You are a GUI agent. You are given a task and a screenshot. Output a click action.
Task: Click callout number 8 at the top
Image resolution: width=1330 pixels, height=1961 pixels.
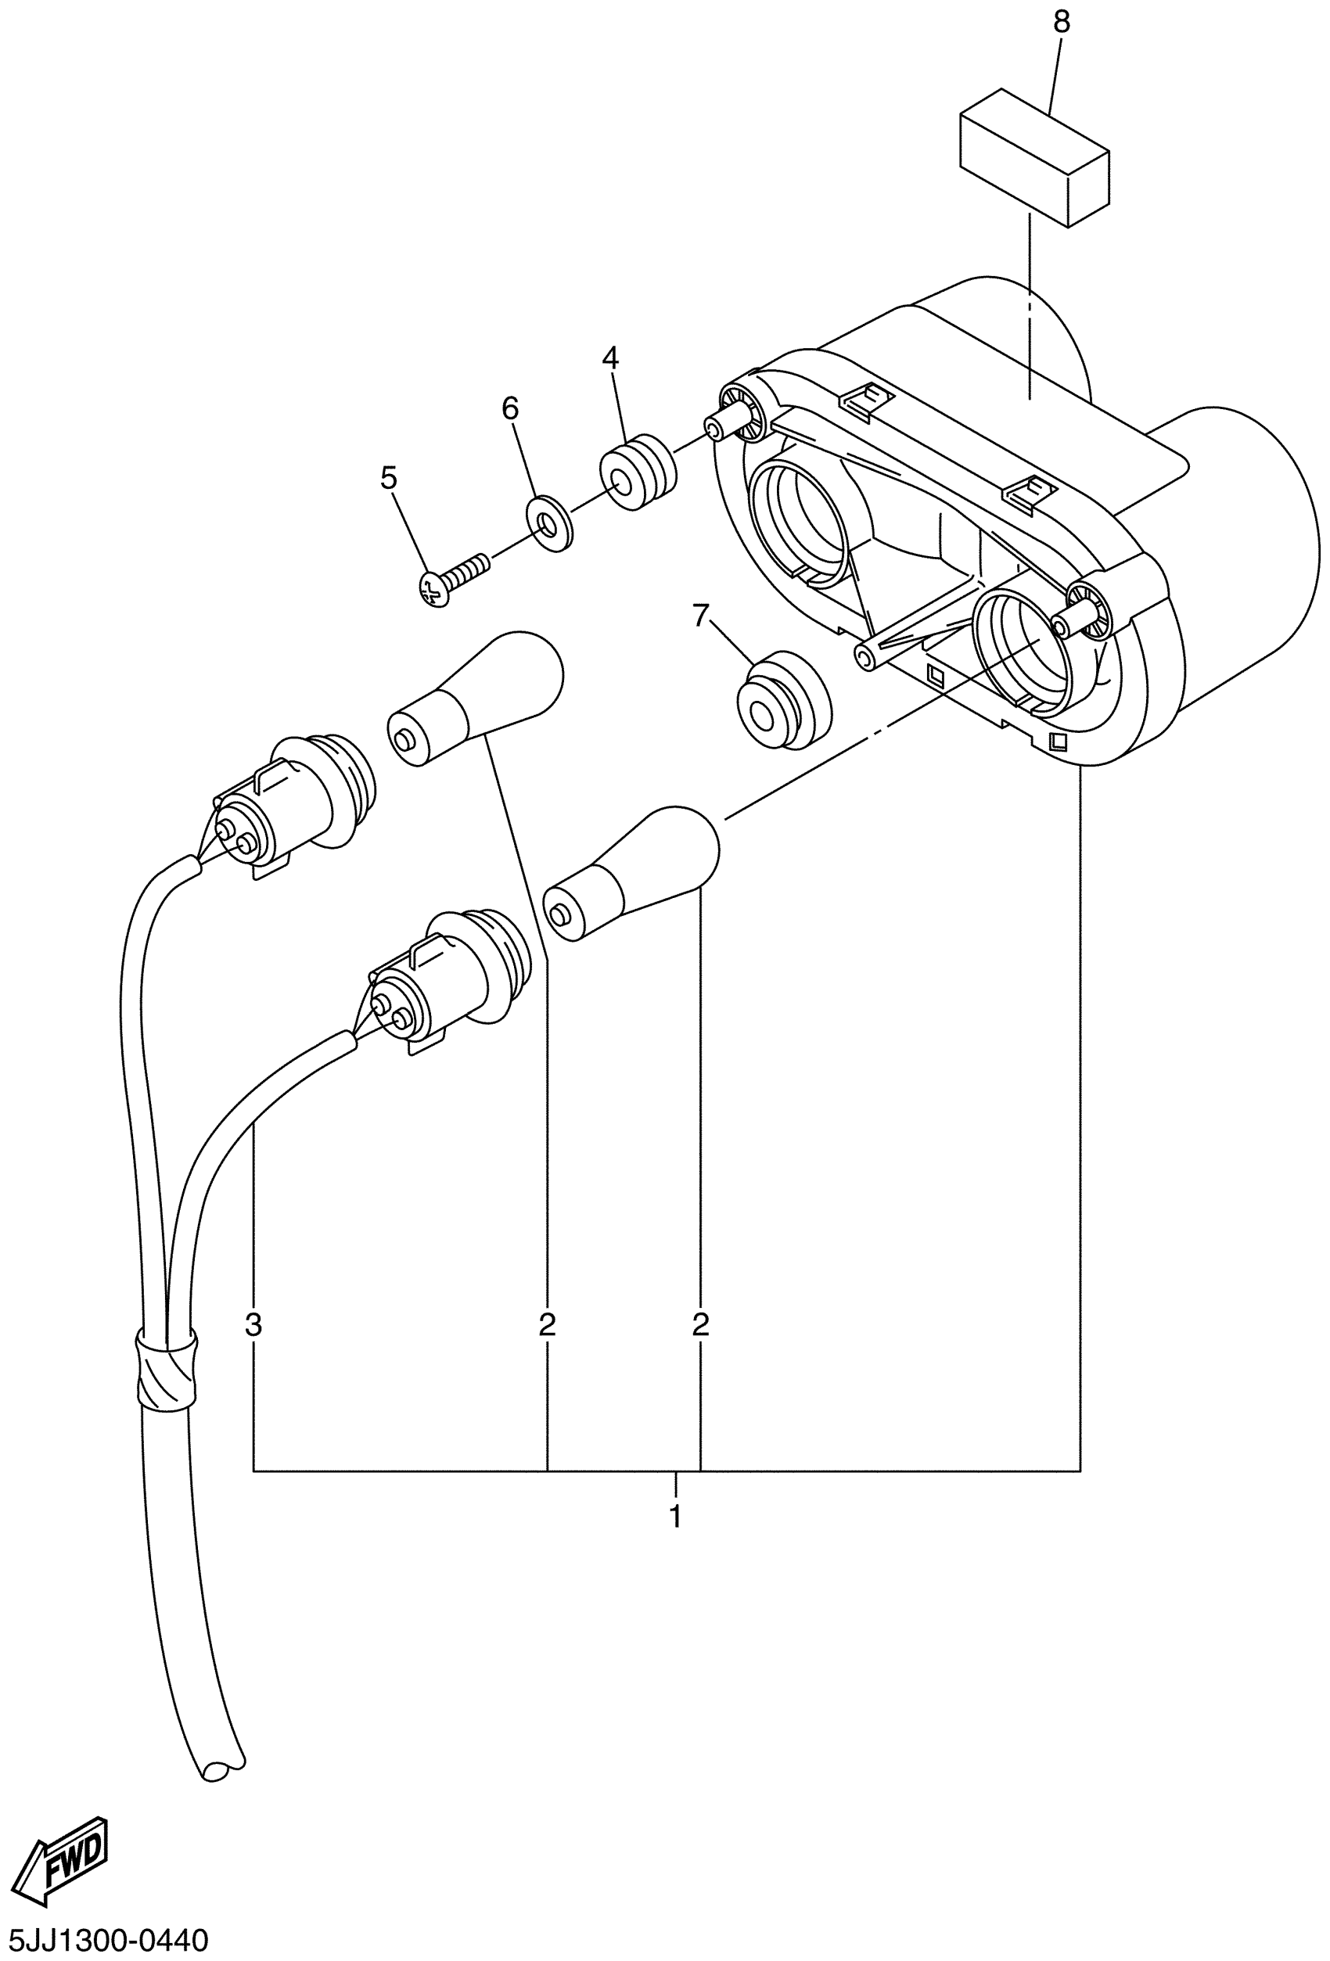point(1061,23)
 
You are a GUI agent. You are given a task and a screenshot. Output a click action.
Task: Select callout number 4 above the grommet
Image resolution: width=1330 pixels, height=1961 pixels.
point(609,358)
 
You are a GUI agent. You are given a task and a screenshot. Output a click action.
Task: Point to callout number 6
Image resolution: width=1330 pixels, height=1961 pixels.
point(510,409)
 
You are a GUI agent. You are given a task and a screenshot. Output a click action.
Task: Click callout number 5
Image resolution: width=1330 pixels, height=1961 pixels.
point(387,479)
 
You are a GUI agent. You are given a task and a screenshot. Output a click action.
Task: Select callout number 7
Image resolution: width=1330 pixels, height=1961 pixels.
point(700,617)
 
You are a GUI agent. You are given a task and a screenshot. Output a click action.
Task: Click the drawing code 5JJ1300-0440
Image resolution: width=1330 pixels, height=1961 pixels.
point(104,1941)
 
